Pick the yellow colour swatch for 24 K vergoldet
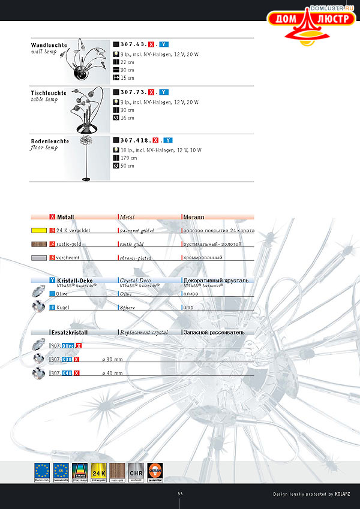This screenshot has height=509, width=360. click(x=39, y=230)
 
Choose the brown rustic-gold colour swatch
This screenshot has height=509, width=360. click(x=39, y=244)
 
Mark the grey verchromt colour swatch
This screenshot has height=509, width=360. click(x=39, y=258)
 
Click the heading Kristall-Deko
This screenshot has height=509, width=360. click(x=74, y=280)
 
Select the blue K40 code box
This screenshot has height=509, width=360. click(x=67, y=374)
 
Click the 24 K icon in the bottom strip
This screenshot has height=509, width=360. click(x=99, y=471)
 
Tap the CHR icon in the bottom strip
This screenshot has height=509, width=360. click(x=136, y=471)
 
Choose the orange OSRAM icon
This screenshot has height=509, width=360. click(x=155, y=471)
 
